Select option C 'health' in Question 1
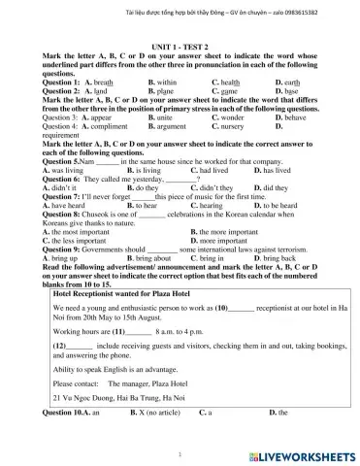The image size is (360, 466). tap(229, 84)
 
